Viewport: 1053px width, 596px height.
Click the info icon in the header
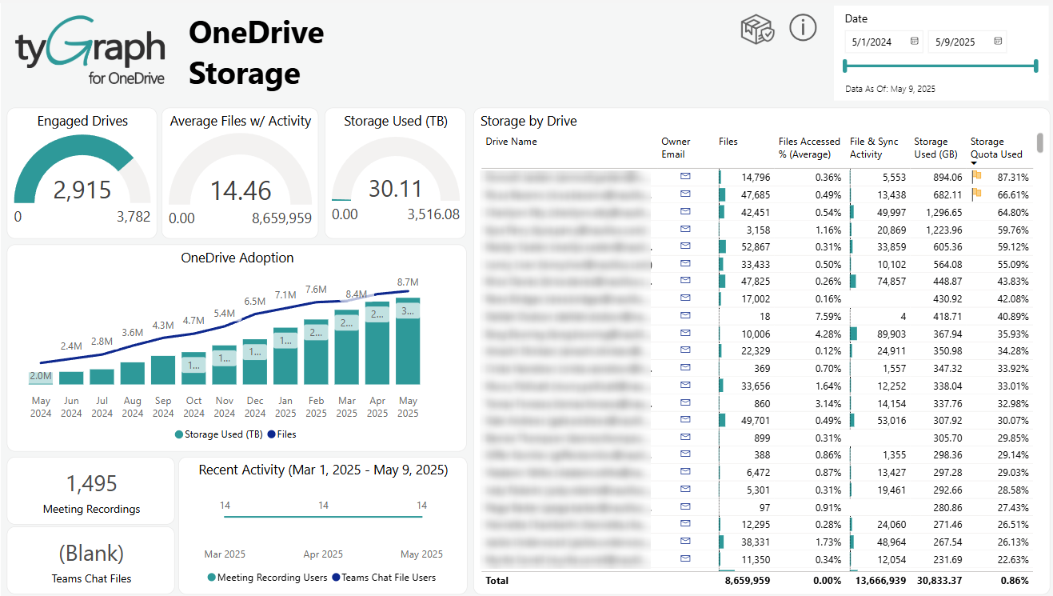click(803, 28)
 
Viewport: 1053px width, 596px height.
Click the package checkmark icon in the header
click(756, 29)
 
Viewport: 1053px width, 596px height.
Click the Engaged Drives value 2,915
click(82, 190)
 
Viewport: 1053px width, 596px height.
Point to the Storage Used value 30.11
click(395, 189)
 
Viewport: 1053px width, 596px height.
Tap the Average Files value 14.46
click(241, 190)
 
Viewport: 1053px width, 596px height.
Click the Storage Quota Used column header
click(996, 147)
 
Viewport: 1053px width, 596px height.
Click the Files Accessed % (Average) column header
click(809, 147)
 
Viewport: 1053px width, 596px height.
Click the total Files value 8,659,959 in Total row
click(747, 580)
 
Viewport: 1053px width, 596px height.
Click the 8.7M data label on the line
click(408, 282)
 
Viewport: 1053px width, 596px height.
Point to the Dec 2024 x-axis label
click(255, 406)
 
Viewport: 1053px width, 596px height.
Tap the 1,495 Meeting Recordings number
click(91, 483)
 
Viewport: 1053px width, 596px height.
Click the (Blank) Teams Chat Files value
click(91, 553)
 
